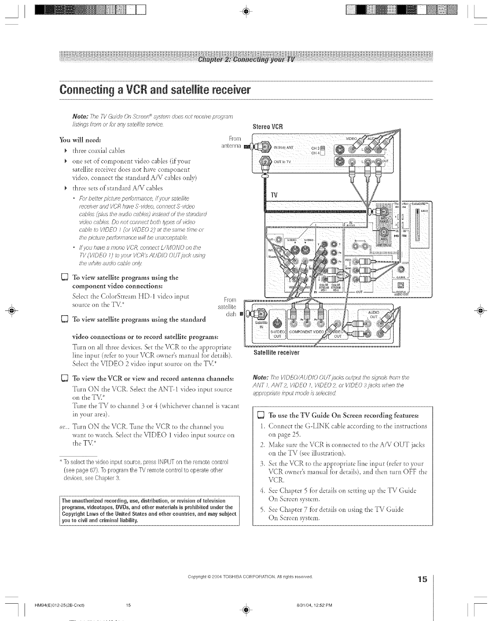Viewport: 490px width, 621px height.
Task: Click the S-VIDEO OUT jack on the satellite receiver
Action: [278, 320]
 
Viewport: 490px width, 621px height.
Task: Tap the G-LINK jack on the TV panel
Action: [400, 269]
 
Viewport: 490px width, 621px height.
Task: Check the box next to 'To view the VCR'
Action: [64, 379]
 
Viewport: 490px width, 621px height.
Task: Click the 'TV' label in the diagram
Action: [275, 195]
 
